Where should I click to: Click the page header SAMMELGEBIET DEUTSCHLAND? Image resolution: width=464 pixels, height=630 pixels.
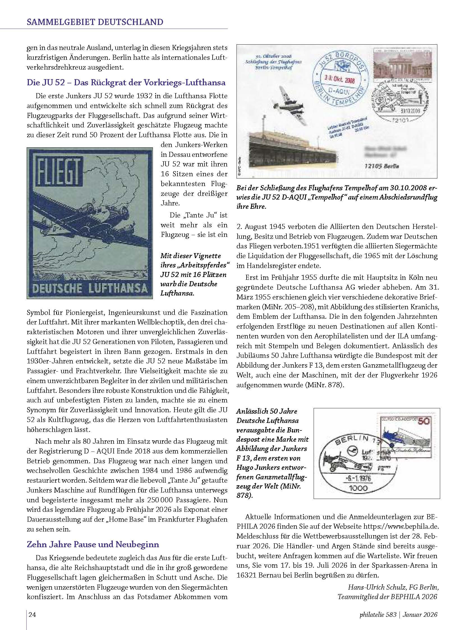(x=95, y=22)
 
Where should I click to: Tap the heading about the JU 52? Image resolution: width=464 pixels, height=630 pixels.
(x=126, y=83)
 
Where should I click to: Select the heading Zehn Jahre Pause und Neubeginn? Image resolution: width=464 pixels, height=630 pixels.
(x=93, y=544)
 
